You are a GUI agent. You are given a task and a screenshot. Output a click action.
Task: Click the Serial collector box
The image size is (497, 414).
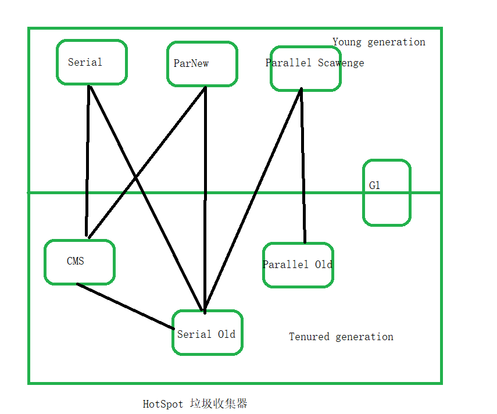click(91, 62)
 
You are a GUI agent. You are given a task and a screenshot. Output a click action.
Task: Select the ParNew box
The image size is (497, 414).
click(202, 64)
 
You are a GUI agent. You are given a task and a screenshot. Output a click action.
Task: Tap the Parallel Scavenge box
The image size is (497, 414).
click(305, 69)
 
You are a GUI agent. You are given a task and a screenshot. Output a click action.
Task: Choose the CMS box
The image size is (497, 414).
click(80, 262)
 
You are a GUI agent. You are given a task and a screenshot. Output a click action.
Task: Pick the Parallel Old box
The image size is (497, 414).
click(298, 265)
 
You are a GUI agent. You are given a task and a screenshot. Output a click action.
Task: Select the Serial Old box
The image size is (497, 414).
click(207, 333)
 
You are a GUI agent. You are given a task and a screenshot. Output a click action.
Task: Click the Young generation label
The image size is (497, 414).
click(378, 42)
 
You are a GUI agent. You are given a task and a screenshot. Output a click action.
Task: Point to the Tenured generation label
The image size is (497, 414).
click(341, 337)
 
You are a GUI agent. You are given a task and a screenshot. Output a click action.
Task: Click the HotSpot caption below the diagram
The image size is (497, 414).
click(195, 404)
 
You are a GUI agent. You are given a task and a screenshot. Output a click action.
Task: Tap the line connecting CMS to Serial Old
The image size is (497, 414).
click(125, 306)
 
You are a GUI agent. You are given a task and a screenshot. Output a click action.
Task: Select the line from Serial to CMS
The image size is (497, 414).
click(88, 163)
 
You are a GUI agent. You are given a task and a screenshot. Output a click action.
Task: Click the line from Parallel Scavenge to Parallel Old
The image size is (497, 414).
click(303, 169)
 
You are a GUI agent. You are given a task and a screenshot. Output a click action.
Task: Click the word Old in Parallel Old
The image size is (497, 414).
click(324, 265)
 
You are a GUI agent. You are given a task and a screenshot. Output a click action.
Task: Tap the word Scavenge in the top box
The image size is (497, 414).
click(341, 63)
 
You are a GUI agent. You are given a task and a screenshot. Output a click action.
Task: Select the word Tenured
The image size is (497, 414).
click(309, 337)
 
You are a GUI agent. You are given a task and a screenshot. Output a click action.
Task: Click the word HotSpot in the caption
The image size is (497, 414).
click(163, 404)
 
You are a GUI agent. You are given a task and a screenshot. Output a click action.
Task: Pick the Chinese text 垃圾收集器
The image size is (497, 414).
click(219, 404)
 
